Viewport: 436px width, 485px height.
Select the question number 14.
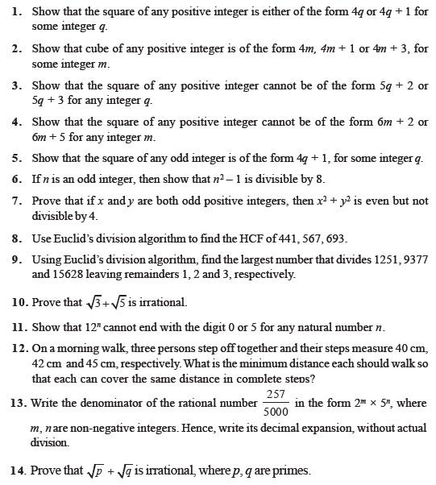(18, 470)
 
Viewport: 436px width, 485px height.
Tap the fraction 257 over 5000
(276, 402)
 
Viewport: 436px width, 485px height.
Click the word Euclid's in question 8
(77, 238)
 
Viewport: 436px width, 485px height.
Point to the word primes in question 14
(292, 470)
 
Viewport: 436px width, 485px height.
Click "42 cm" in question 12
(44, 363)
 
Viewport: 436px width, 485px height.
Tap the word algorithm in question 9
(165, 259)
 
